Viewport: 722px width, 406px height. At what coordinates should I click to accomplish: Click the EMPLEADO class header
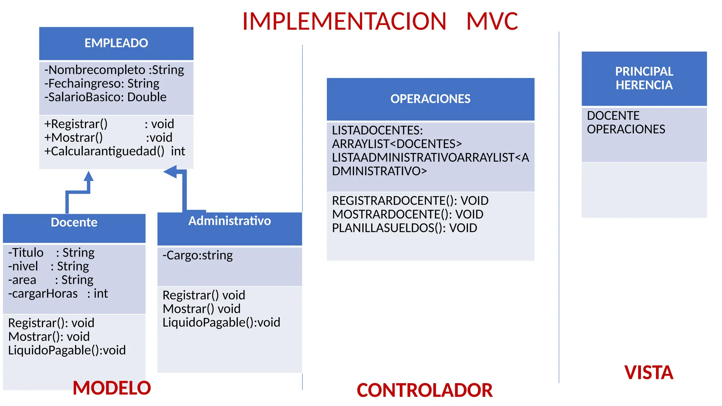116,43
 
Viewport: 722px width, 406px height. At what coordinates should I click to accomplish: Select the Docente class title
74,222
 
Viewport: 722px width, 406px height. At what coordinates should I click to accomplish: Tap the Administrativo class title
230,221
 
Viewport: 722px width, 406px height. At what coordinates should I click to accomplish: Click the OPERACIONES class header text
430,99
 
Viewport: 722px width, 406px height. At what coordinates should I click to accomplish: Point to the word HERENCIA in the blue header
644,85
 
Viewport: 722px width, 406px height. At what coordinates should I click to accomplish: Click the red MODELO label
112,388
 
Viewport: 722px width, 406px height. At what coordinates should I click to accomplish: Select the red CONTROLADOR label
424,390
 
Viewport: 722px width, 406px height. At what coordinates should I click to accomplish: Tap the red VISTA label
649,373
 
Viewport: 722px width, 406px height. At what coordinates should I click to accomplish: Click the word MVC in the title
492,21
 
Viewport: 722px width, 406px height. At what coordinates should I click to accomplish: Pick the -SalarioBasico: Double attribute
105,97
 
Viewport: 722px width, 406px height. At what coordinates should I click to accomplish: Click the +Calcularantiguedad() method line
114,151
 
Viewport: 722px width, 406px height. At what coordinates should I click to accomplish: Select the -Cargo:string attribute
197,255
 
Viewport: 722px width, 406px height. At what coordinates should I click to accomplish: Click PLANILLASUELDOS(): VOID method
404,228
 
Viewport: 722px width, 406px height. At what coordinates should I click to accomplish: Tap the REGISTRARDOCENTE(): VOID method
410,201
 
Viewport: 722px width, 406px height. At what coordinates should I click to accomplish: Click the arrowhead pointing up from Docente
88,176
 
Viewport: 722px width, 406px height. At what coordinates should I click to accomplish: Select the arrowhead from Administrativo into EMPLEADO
171,172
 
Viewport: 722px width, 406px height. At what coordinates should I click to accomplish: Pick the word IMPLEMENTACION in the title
344,21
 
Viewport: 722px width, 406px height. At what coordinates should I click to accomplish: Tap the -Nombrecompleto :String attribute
114,70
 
